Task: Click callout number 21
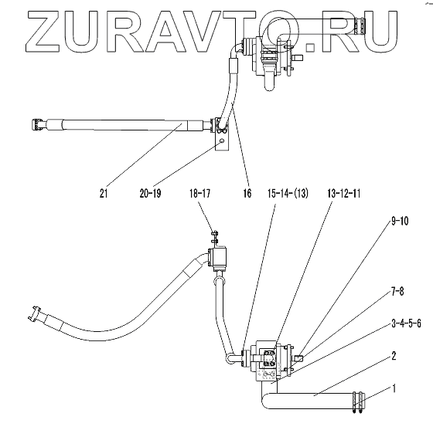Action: click(104, 194)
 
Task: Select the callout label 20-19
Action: click(150, 194)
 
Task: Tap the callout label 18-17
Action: click(200, 194)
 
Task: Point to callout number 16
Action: click(247, 194)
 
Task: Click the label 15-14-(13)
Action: click(288, 194)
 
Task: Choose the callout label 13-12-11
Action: click(344, 194)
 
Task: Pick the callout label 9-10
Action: click(400, 221)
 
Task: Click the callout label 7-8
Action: click(397, 291)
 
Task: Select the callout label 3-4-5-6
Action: click(406, 323)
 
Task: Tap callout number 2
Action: click(394, 356)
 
